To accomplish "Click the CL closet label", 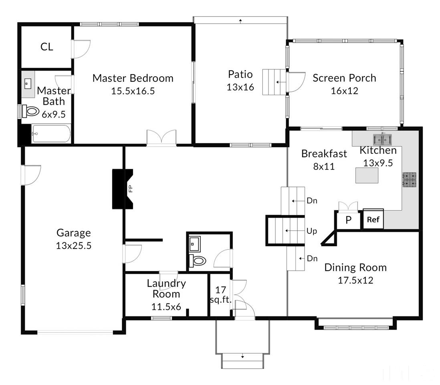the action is (46, 47).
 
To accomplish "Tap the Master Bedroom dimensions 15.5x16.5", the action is (133, 91).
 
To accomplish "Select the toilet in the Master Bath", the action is (30, 111).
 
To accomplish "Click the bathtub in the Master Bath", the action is (51, 134).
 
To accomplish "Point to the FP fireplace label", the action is (130, 189).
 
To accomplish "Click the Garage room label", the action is (73, 233).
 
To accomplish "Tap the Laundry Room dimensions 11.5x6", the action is (166, 307).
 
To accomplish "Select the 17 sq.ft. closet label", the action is (220, 295).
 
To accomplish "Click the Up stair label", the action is (312, 231).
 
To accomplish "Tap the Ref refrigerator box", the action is (373, 219).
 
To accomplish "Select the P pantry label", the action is (348, 220).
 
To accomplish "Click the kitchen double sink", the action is (382, 139).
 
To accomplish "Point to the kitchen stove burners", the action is (410, 180).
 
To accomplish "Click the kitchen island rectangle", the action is (367, 175).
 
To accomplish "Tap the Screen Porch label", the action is (344, 78).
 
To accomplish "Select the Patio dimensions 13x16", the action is (240, 87).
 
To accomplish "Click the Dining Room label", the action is (355, 267).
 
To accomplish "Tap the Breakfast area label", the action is (324, 154).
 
